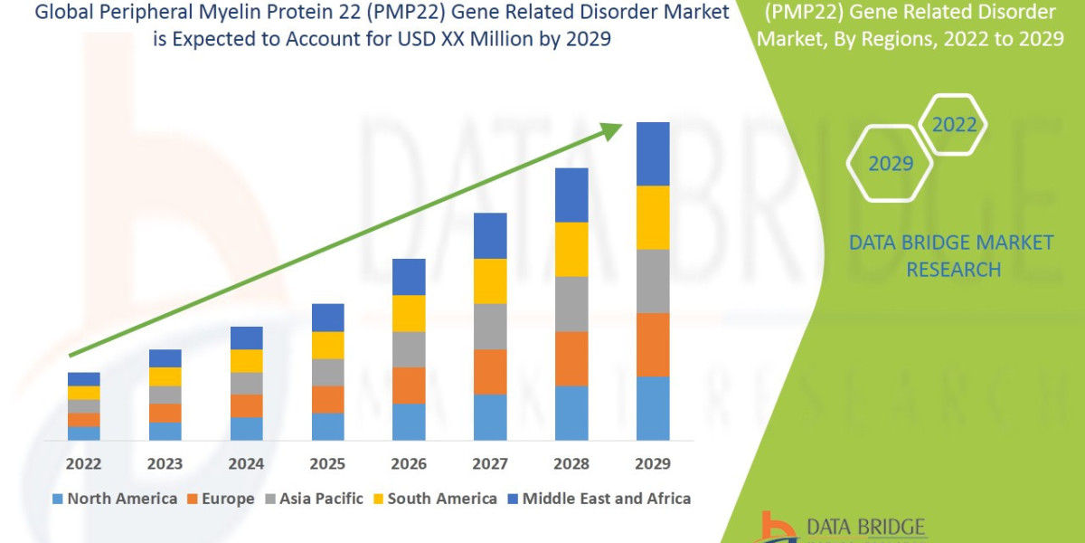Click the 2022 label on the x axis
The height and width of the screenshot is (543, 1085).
pyautogui.click(x=84, y=464)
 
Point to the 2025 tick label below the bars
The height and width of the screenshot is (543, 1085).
pyautogui.click(x=327, y=464)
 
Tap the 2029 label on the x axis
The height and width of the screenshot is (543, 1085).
pyautogui.click(x=653, y=464)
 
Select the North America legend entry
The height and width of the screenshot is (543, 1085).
pyautogui.click(x=115, y=499)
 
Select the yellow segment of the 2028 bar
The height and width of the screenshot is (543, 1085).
pyautogui.click(x=571, y=249)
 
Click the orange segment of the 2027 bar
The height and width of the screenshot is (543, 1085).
pyautogui.click(x=490, y=372)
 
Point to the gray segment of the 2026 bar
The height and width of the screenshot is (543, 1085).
pyautogui.click(x=409, y=349)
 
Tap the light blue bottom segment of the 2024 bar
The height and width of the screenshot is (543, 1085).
pyautogui.click(x=246, y=429)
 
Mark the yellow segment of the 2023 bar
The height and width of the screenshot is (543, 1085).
pyautogui.click(x=165, y=376)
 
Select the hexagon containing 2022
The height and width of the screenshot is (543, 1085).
pyautogui.click(x=953, y=125)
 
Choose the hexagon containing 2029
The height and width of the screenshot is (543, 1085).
pyautogui.click(x=890, y=164)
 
